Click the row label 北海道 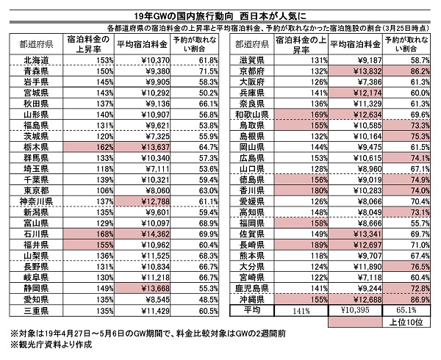[x=36, y=60]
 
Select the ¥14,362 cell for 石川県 [x=143, y=234]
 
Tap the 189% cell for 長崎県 [x=301, y=245]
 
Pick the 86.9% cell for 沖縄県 [x=406, y=299]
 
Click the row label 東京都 [x=36, y=190]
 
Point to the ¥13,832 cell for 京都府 [x=355, y=71]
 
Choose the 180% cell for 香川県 [x=301, y=190]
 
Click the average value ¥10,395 [x=355, y=310]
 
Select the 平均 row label [x=251, y=310]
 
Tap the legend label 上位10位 [x=406, y=322]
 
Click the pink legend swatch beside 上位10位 [x=355, y=322]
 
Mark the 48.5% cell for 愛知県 [x=194, y=299]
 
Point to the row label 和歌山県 [x=251, y=115]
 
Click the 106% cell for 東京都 [x=89, y=190]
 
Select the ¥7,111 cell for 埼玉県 [x=143, y=169]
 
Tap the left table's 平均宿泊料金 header [x=143, y=44]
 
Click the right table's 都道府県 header [x=251, y=44]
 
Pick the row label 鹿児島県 [x=251, y=288]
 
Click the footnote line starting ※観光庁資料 [x=51, y=345]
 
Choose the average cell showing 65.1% [x=406, y=310]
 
